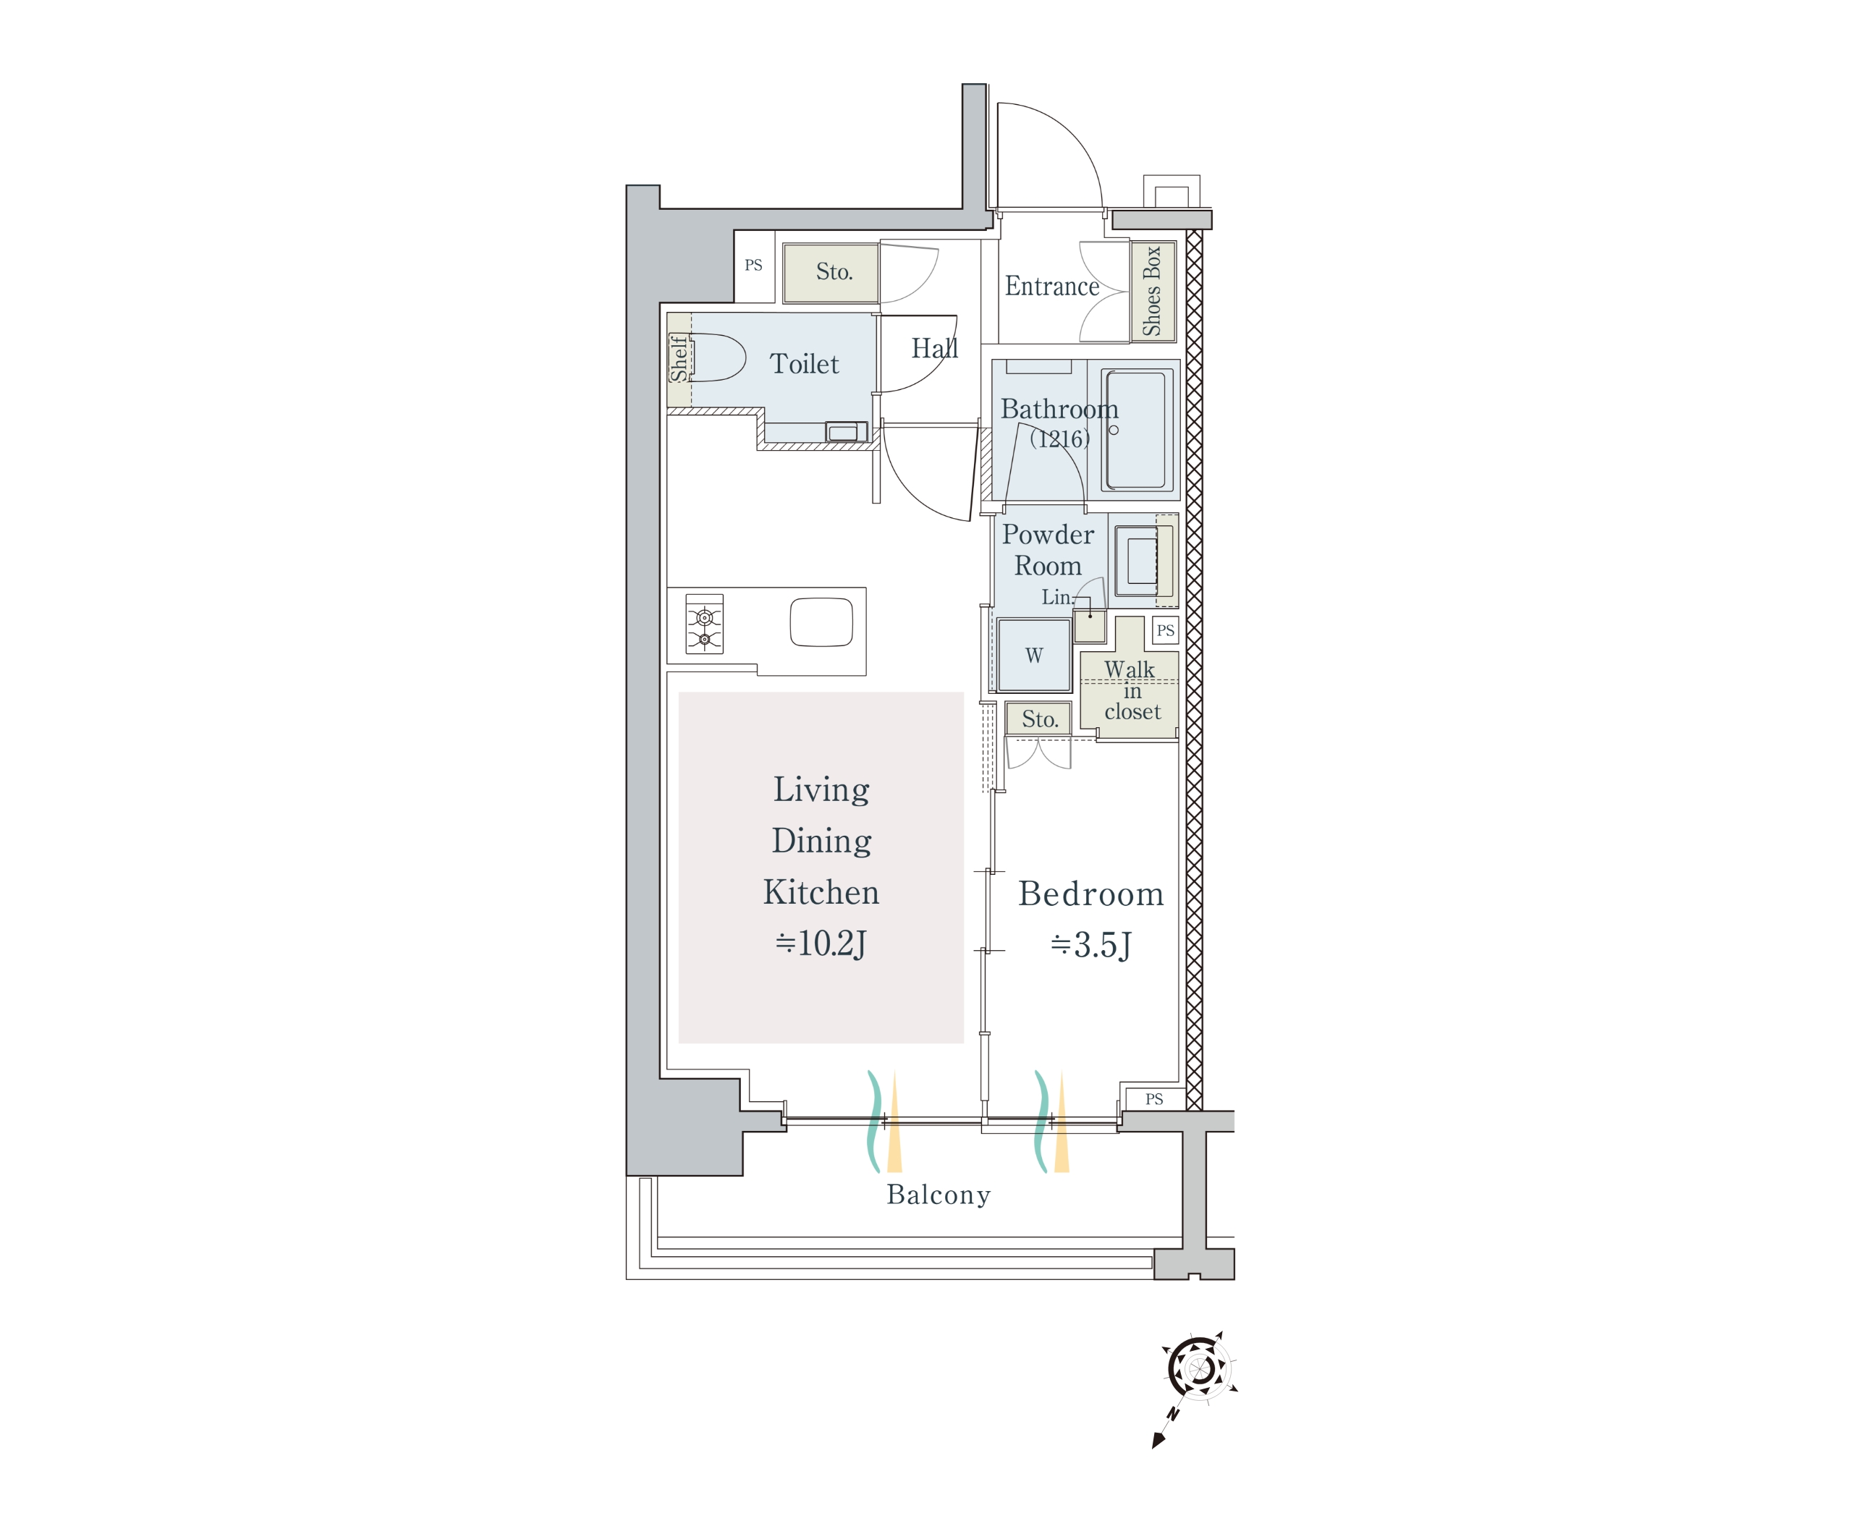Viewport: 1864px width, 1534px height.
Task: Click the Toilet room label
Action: pos(804,363)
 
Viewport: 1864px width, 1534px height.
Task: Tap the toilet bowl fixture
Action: pos(717,357)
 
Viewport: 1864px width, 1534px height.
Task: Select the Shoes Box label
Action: pos(1152,291)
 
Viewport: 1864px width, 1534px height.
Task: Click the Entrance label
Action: pos(1052,287)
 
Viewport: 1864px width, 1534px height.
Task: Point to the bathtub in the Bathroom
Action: pos(1137,430)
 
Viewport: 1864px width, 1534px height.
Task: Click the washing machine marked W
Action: pos(1033,655)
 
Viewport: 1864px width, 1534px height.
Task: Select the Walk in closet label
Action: pos(1131,690)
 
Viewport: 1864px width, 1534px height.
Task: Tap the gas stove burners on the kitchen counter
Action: pos(704,624)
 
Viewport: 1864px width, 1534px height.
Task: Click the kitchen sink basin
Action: pos(821,622)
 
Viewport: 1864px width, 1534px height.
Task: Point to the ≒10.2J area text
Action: pos(821,943)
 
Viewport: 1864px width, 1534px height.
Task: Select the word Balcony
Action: pos(939,1195)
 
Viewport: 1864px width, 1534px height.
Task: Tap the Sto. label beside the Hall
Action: pos(834,271)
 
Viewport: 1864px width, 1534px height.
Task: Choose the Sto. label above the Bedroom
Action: pos(1040,719)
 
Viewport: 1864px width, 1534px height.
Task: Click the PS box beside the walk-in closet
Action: pos(1165,630)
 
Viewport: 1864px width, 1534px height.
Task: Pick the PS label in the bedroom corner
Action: pos(1153,1099)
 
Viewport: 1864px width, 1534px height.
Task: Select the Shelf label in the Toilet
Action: pos(679,358)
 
